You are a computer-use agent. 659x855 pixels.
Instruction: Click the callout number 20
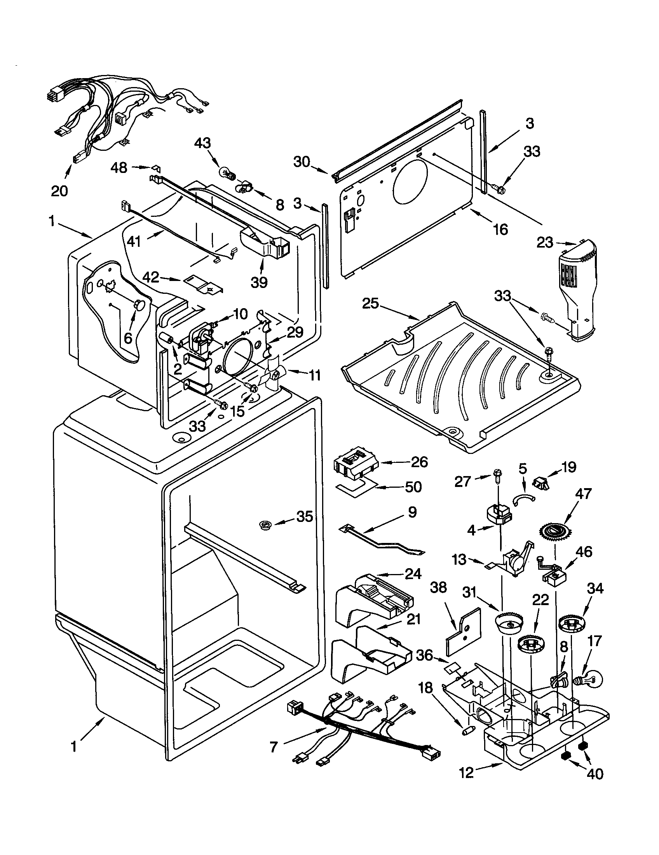tap(59, 191)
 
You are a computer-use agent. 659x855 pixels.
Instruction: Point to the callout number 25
tap(371, 304)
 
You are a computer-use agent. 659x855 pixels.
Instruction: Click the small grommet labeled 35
tap(267, 524)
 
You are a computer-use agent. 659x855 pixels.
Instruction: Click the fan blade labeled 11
tap(273, 375)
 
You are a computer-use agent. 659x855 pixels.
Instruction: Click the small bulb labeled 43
tap(227, 173)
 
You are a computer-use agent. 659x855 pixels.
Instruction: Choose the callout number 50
tap(413, 487)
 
